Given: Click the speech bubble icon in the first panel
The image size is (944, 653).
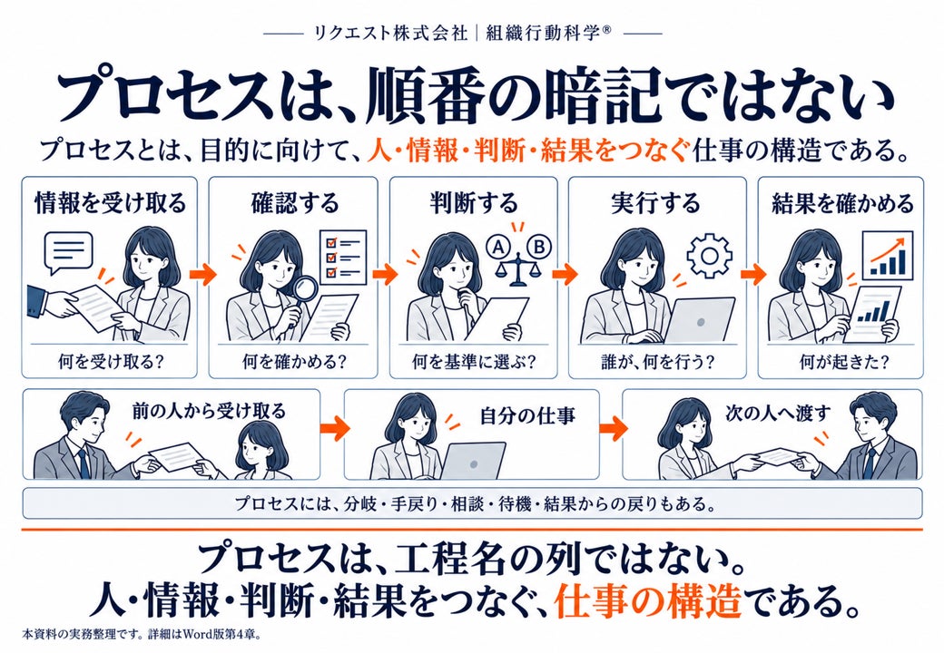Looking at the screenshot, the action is [70, 252].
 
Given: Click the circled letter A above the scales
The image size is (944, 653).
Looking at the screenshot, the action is [498, 246].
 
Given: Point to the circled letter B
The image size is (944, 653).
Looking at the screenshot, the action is [539, 246].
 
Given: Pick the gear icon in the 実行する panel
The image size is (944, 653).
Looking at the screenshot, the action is [709, 256].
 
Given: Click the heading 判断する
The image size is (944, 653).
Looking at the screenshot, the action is [473, 203].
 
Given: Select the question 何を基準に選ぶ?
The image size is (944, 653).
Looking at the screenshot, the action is [473, 361].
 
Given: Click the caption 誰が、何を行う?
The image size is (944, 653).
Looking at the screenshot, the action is [657, 361].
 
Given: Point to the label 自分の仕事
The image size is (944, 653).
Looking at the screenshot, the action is [527, 415].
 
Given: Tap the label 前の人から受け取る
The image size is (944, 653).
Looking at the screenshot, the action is [209, 411].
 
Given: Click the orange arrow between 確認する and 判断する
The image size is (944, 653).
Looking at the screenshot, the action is [384, 275].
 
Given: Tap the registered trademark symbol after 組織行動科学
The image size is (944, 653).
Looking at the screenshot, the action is [605, 29].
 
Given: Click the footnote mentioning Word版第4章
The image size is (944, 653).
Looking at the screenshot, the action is [142, 634].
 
